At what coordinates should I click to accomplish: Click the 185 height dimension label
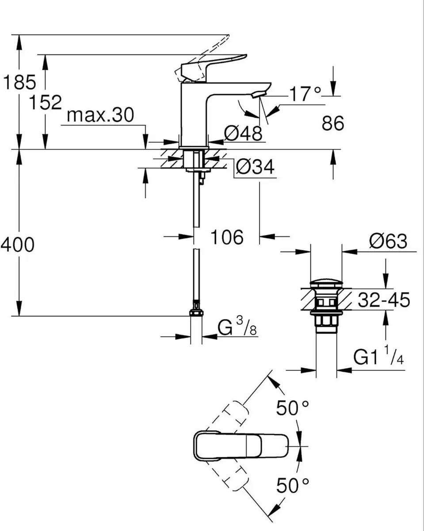[x=19, y=82]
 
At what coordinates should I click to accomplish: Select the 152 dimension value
[x=45, y=102]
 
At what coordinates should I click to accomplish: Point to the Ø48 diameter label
[x=243, y=133]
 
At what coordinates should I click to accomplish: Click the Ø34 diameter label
[x=255, y=167]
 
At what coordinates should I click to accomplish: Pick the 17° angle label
[x=305, y=94]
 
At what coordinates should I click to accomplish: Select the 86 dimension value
[x=333, y=123]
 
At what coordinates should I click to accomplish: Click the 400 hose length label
[x=17, y=244]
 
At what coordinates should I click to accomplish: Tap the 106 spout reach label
[x=226, y=237]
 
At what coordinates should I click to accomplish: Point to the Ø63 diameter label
[x=389, y=242]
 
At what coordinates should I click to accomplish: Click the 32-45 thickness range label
[x=383, y=300]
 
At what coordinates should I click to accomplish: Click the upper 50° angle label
[x=292, y=408]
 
